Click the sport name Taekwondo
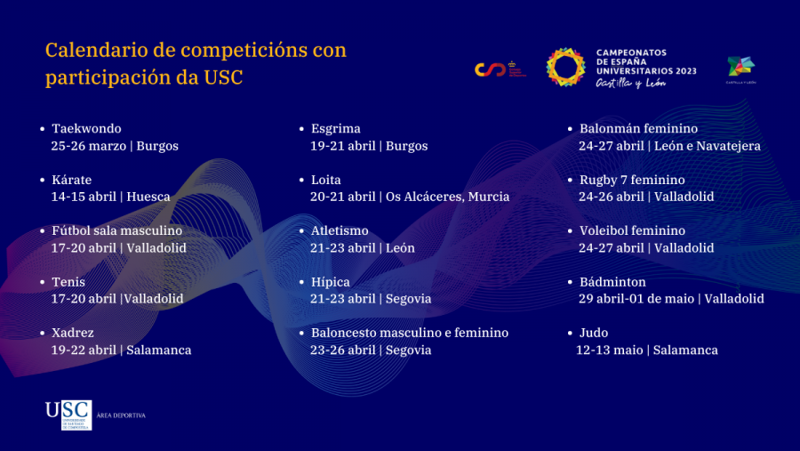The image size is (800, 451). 86,129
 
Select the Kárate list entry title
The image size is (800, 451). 71,180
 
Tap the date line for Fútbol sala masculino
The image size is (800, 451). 119,248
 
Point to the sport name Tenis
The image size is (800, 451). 68,282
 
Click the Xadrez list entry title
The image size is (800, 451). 72,333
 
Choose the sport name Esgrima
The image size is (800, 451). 335,129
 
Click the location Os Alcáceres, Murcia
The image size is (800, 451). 447,197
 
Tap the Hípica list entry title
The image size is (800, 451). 330,282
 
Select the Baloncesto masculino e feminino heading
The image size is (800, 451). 409,333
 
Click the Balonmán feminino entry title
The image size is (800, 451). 638,129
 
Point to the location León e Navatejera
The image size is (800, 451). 708,146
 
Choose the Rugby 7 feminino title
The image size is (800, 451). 632,180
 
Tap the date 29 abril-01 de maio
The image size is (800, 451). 637,299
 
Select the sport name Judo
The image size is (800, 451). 594,333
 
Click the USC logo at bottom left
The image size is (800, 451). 68,415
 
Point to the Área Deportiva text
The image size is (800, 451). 120,415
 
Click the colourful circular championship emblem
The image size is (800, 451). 565,68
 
